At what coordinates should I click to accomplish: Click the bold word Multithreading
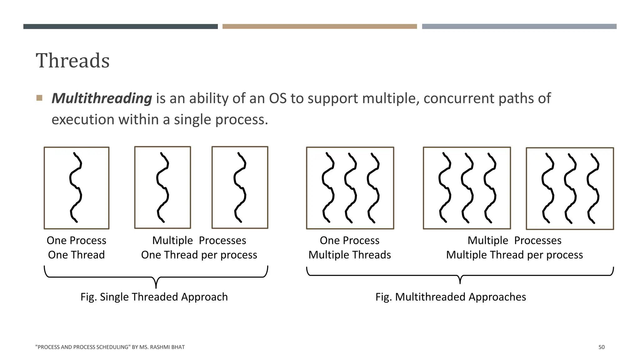coord(102,98)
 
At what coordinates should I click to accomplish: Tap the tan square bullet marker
coord(39,98)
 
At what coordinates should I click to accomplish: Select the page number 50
coord(601,347)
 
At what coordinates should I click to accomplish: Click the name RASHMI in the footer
coord(159,347)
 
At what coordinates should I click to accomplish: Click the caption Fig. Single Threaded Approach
coord(154,297)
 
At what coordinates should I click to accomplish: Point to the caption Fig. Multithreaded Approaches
coord(451,297)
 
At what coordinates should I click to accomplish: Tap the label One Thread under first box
coord(76,255)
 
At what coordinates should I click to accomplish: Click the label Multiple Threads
coord(349,255)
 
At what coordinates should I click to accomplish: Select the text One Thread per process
coord(199,255)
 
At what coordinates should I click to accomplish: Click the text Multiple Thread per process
coord(514,255)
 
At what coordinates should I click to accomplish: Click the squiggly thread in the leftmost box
coord(76,187)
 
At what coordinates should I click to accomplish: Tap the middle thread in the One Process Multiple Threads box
coord(350,187)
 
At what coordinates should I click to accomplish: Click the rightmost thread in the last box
coord(593,187)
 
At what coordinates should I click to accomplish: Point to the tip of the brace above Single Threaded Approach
coord(156,287)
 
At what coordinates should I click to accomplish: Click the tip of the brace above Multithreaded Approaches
coord(460,282)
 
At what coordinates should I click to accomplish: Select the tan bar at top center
coord(319,27)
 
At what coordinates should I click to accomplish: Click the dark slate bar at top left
coord(120,27)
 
